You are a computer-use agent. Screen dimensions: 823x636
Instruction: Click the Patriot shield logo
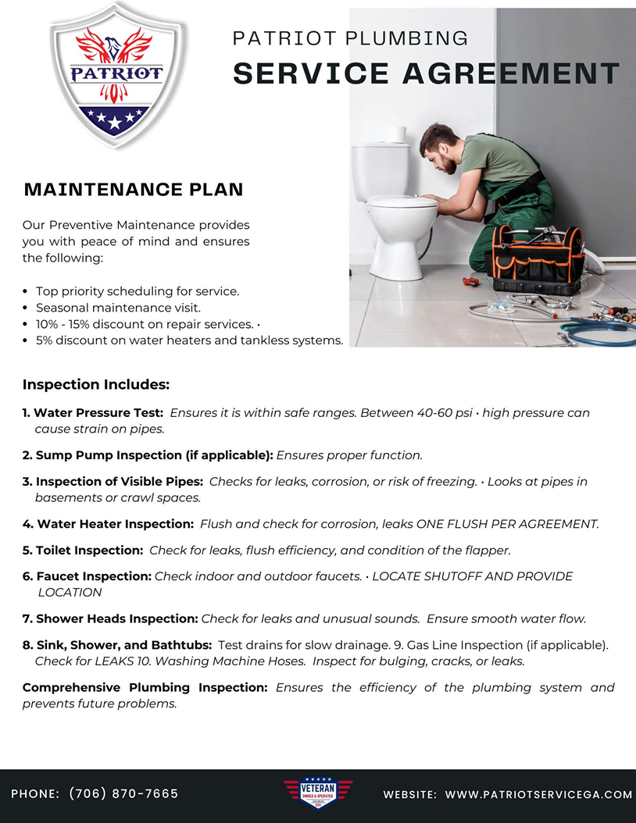coord(118,76)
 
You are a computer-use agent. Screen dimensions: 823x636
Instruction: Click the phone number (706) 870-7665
coord(123,793)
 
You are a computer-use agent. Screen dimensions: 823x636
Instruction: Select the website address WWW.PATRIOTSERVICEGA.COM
coord(538,794)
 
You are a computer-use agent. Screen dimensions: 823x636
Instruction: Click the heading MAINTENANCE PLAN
coord(134,190)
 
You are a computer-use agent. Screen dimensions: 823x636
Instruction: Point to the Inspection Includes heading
coord(96,385)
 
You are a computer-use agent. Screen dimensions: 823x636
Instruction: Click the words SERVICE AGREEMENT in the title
coord(426,73)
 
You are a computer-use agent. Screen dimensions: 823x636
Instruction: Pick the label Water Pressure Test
coord(98,412)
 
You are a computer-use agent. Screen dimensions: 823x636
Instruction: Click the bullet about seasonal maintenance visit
coord(118,308)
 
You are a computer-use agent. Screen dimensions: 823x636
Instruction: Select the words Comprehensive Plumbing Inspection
coord(145,688)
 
